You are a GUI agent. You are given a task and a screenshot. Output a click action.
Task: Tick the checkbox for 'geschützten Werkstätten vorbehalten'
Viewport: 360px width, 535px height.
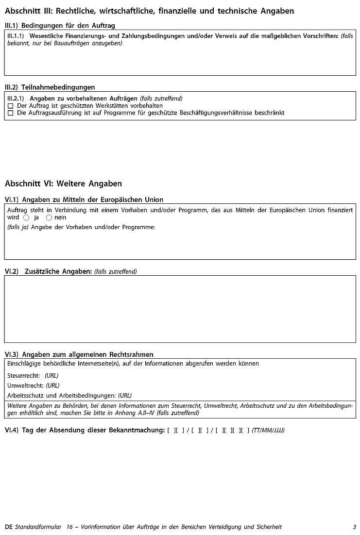tap(11, 106)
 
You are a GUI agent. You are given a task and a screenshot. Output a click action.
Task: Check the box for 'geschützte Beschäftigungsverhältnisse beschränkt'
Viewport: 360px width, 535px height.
tap(11, 113)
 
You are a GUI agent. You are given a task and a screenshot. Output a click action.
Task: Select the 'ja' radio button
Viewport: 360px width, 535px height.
tap(26, 217)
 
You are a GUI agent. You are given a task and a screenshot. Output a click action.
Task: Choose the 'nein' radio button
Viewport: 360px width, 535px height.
tap(49, 217)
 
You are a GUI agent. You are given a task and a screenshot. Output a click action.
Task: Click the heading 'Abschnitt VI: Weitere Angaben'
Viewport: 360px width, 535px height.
tap(63, 184)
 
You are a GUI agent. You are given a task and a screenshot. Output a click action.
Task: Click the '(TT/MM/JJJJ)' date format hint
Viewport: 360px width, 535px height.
tap(268, 430)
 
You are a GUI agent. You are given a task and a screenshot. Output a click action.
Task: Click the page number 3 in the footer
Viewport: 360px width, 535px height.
tap(355, 527)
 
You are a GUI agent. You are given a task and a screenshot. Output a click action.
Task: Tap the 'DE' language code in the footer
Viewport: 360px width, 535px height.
tap(9, 527)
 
